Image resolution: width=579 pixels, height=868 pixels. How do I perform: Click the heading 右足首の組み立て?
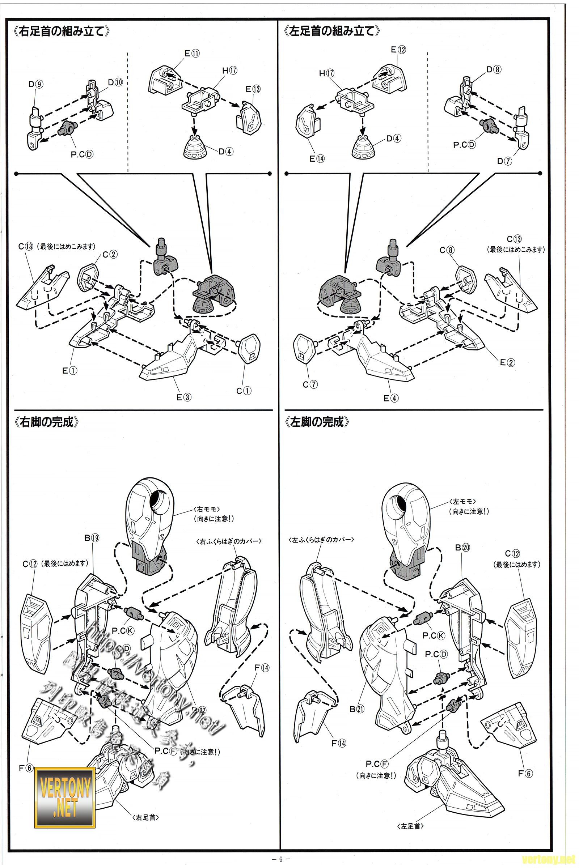(x=61, y=31)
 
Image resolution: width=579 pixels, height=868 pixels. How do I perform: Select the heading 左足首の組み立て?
(x=331, y=31)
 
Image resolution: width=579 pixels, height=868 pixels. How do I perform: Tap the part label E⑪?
(x=192, y=54)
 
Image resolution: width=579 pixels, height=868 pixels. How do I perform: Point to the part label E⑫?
(x=398, y=50)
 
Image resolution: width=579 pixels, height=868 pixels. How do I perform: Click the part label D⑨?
(x=36, y=84)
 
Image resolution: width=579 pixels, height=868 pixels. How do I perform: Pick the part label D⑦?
(x=504, y=161)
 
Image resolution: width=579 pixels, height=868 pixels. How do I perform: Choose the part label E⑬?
(x=253, y=89)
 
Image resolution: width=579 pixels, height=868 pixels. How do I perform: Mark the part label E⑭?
(x=317, y=159)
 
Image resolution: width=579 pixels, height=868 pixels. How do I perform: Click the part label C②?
(x=110, y=254)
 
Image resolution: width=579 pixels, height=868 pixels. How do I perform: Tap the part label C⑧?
(x=447, y=250)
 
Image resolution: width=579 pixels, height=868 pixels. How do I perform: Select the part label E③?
(x=183, y=397)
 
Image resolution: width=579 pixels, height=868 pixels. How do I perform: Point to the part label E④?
(x=391, y=398)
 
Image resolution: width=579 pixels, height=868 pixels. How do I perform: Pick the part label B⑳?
(x=462, y=548)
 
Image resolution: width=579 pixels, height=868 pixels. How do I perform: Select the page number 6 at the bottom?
(x=281, y=859)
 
